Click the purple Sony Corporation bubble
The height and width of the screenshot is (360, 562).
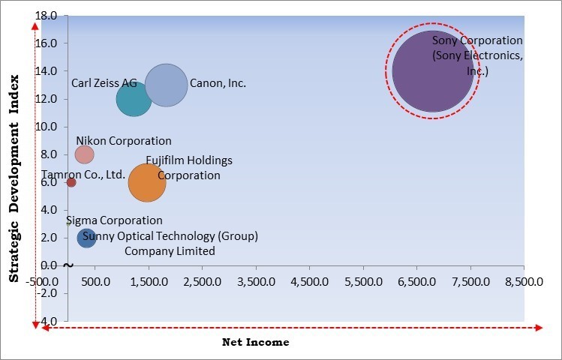433,71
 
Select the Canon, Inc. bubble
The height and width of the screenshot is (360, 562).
166,85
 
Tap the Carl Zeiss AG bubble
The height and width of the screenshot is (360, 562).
134,99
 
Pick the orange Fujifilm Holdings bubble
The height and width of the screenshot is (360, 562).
147,182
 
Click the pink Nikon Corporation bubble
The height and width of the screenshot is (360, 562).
84,154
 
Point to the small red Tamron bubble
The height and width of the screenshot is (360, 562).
71,182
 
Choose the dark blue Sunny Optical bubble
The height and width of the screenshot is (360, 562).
87,238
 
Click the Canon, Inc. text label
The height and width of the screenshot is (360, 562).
218,83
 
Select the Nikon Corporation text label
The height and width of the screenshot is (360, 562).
124,141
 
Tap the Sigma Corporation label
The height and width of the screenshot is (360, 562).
114,220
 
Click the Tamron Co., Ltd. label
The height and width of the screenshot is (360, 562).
83,174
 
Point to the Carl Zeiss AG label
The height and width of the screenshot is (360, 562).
104,83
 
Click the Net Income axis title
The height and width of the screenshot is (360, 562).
255,342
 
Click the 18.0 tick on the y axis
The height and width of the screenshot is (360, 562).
47,16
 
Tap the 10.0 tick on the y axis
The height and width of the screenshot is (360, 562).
47,127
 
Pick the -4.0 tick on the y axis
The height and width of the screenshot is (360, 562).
47,321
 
